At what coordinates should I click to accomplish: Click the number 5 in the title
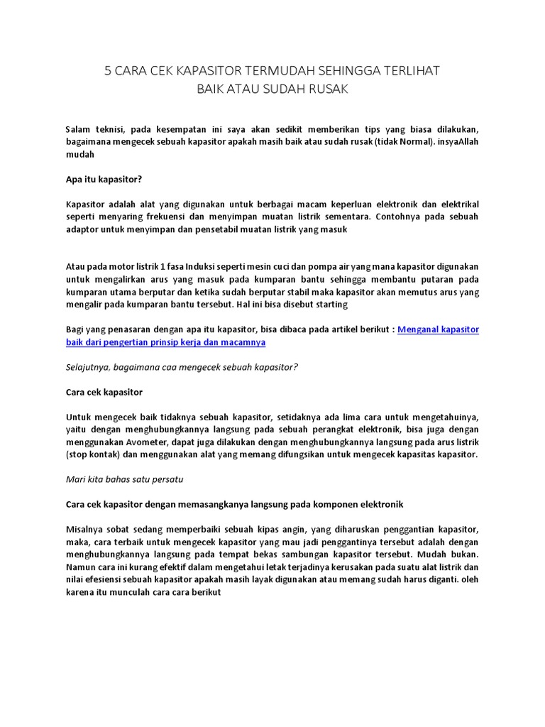coord(109,71)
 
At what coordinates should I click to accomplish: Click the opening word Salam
coord(78,129)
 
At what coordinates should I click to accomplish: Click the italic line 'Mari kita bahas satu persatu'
coord(124,479)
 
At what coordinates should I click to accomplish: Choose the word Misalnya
coord(84,530)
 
